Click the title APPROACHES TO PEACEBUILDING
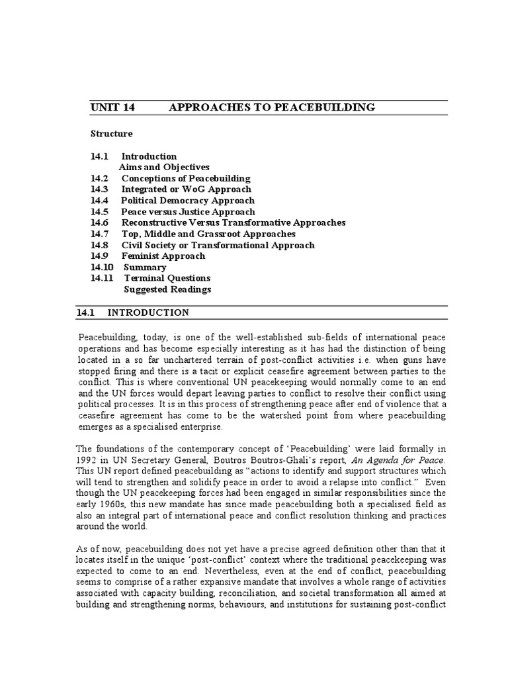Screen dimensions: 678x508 (272, 107)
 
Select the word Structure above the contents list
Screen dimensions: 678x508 (111, 134)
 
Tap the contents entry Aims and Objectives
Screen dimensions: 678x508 (163, 168)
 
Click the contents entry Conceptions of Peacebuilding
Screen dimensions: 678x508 (186, 179)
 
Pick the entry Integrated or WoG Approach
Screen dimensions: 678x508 (186, 189)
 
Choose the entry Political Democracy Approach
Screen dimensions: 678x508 (187, 201)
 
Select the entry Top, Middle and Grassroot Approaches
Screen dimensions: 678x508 (208, 234)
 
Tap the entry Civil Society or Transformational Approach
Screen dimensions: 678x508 (218, 245)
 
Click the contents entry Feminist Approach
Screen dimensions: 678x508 (163, 256)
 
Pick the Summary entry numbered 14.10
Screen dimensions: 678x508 (145, 267)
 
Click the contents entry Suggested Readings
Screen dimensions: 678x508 (167, 289)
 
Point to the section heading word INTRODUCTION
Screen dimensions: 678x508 (148, 313)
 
